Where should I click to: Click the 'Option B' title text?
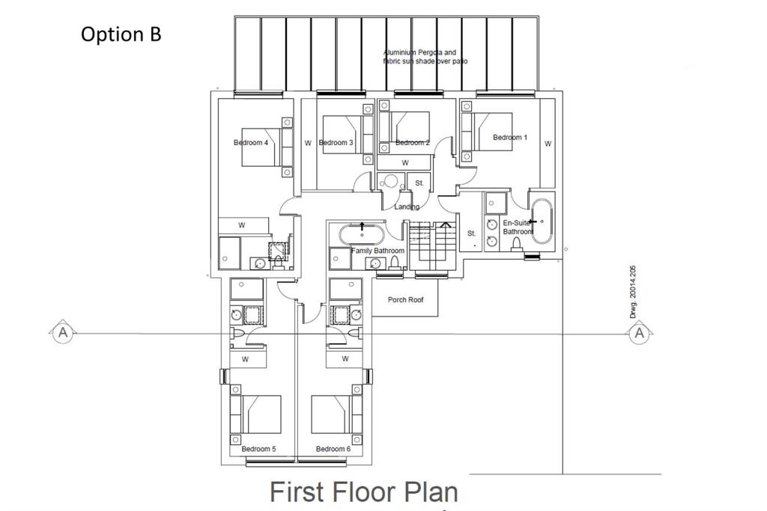coord(121,34)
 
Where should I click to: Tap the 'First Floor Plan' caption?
coord(363,492)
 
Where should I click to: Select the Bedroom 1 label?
coord(509,138)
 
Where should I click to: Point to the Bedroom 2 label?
coord(412,143)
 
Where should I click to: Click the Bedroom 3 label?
coord(336,143)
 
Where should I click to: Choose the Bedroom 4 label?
coord(251,143)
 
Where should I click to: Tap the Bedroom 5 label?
coord(258,449)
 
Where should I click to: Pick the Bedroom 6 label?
coord(333,449)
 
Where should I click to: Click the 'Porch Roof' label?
coord(406,300)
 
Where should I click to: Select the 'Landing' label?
coord(407,206)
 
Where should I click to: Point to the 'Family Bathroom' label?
coord(378,251)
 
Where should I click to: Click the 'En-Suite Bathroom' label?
coord(518,227)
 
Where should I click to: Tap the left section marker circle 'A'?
coord(63,332)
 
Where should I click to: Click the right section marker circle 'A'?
coord(639,332)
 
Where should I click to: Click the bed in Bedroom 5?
coord(256,414)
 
